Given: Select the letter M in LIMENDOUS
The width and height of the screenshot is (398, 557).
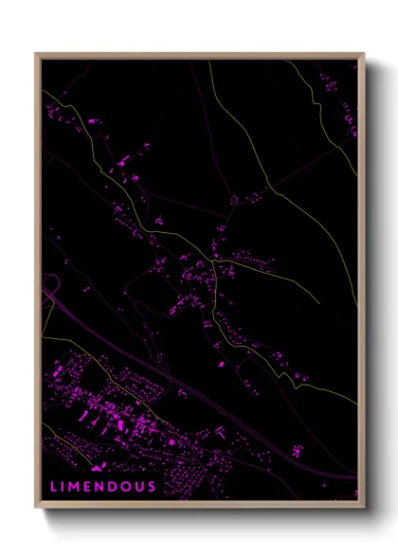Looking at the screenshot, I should click(75, 487).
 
